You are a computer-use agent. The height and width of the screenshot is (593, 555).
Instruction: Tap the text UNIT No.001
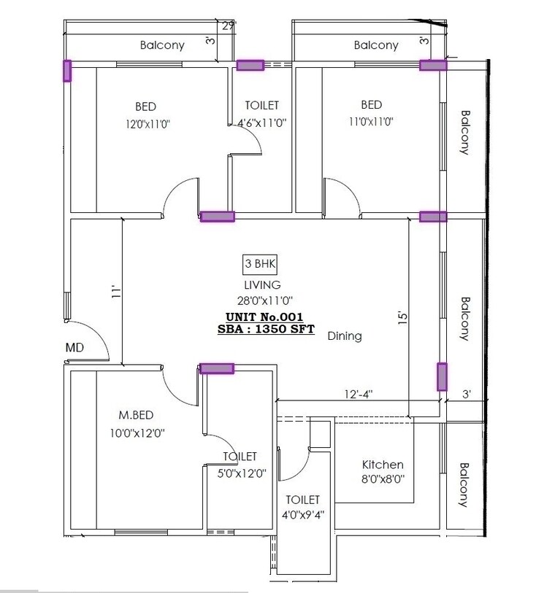pyautogui.click(x=261, y=317)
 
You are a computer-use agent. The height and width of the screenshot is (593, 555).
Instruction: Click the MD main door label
pyautogui.click(x=74, y=348)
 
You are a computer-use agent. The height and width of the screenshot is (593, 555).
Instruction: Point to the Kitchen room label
pyautogui.click(x=383, y=465)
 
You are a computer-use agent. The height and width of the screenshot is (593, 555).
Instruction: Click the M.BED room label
pyautogui.click(x=136, y=415)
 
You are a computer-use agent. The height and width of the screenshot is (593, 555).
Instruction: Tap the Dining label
pyautogui.click(x=345, y=336)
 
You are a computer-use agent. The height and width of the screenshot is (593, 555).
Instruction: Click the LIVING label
pyautogui.click(x=262, y=285)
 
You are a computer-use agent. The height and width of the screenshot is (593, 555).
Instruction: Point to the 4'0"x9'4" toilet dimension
pyautogui.click(x=302, y=513)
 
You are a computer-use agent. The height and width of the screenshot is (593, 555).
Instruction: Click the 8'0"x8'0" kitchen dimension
pyautogui.click(x=383, y=479)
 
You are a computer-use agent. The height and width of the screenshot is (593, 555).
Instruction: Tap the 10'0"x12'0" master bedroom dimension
pyautogui.click(x=136, y=432)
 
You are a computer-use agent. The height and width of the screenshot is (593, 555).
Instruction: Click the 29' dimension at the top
pyautogui.click(x=229, y=27)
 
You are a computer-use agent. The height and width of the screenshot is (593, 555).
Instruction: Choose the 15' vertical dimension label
pyautogui.click(x=401, y=318)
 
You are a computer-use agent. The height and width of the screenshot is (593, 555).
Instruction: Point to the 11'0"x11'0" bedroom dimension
pyautogui.click(x=371, y=123)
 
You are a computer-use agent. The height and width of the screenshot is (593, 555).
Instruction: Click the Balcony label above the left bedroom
pyautogui.click(x=162, y=45)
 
